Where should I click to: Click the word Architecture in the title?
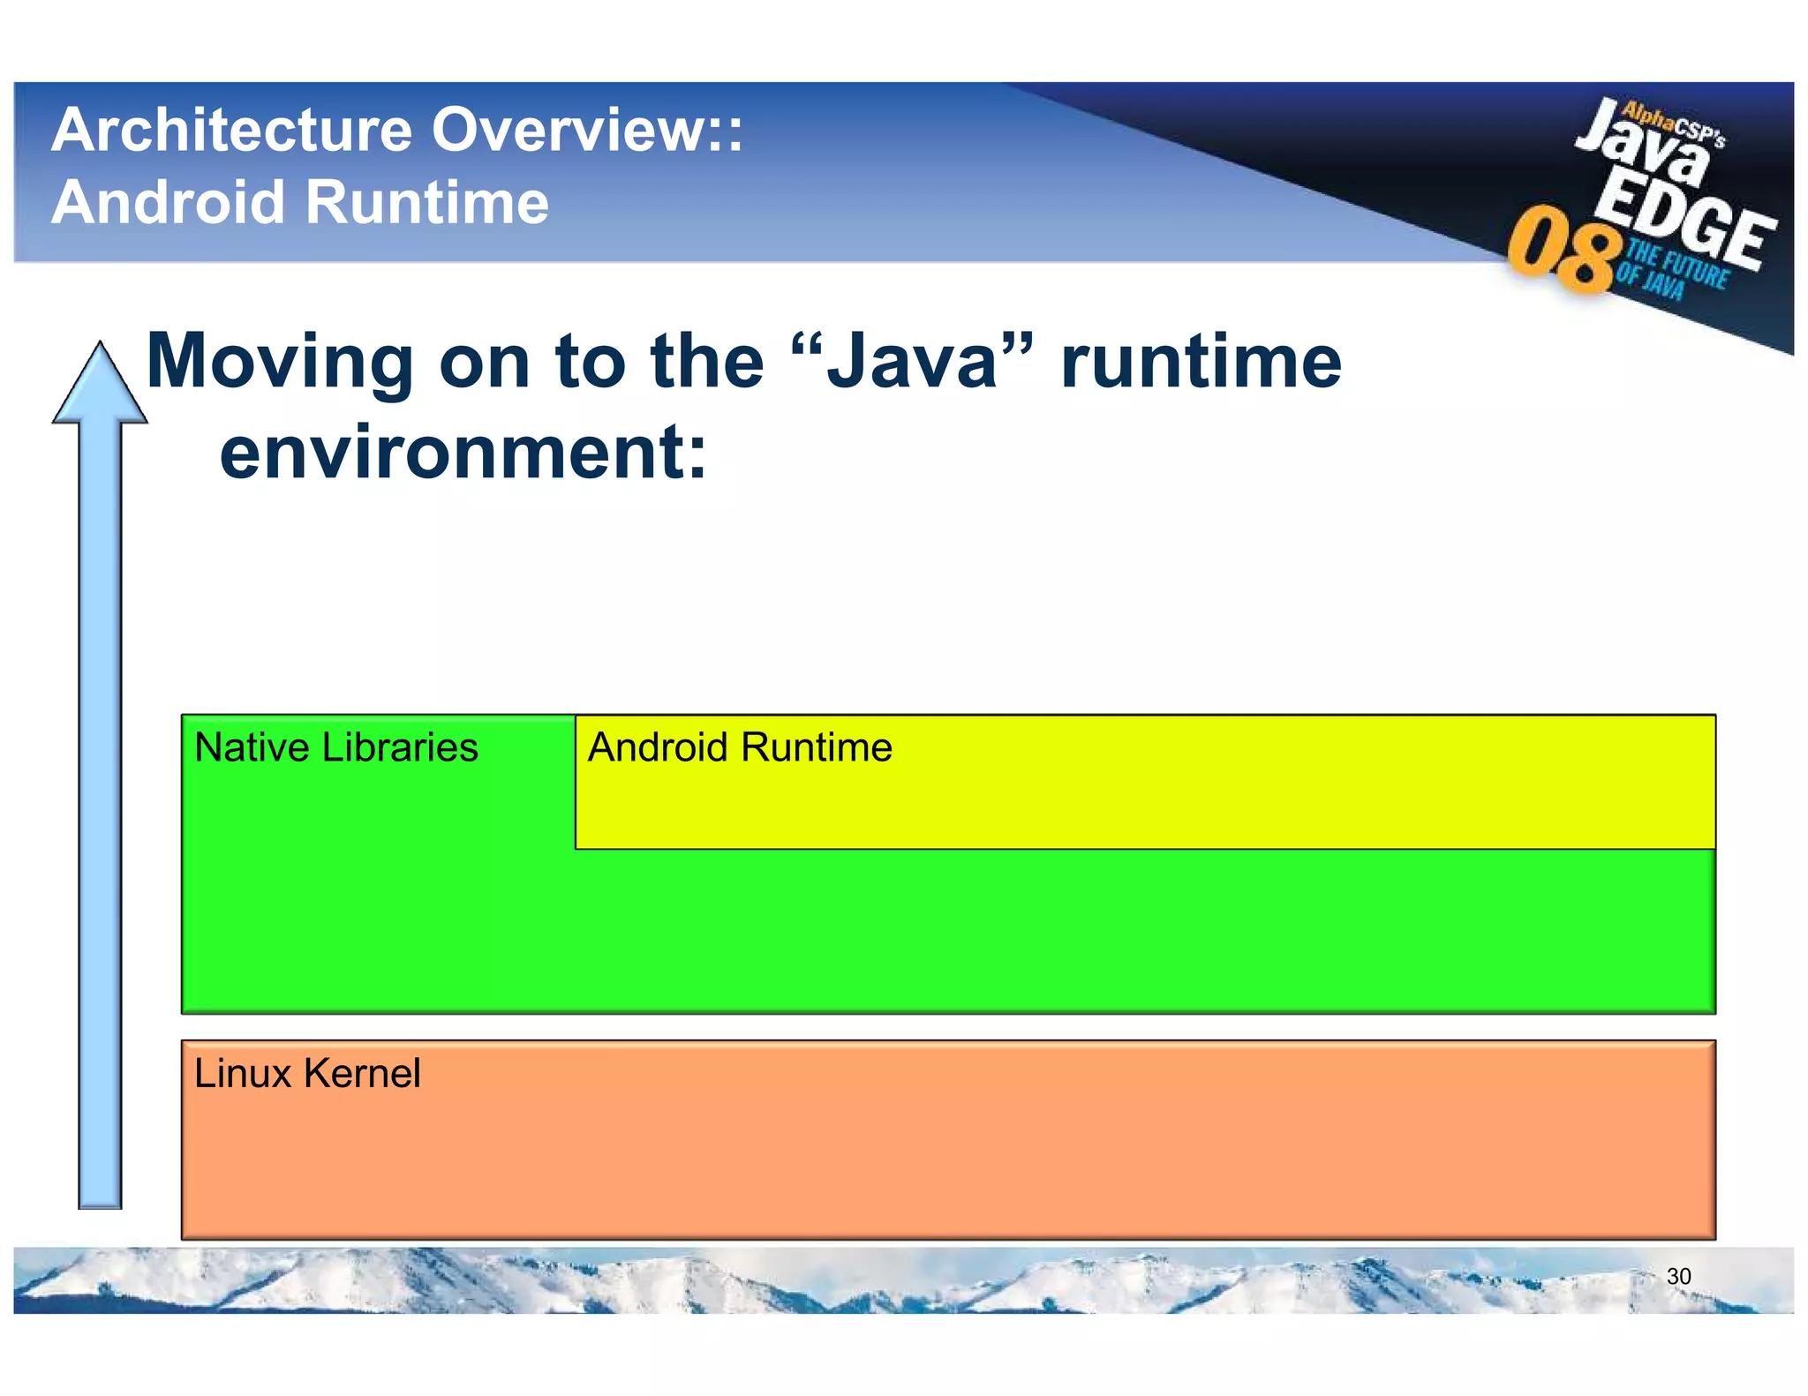click(232, 131)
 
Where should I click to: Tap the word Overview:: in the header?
click(587, 131)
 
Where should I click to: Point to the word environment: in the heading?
click(463, 452)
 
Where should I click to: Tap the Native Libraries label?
click(335, 747)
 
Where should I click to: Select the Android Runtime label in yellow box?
click(740, 747)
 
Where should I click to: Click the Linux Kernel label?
click(306, 1074)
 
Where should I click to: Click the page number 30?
click(1678, 1276)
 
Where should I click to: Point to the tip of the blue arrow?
click(100, 346)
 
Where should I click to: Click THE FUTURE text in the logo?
click(1677, 264)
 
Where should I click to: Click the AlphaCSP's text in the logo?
click(1673, 124)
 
